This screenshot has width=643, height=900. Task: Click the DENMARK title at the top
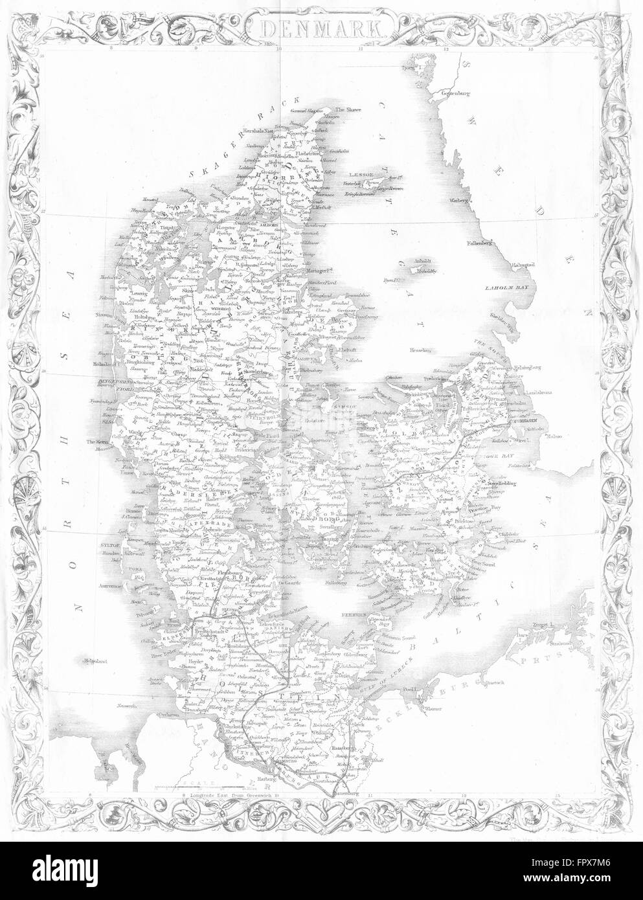tap(321, 28)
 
